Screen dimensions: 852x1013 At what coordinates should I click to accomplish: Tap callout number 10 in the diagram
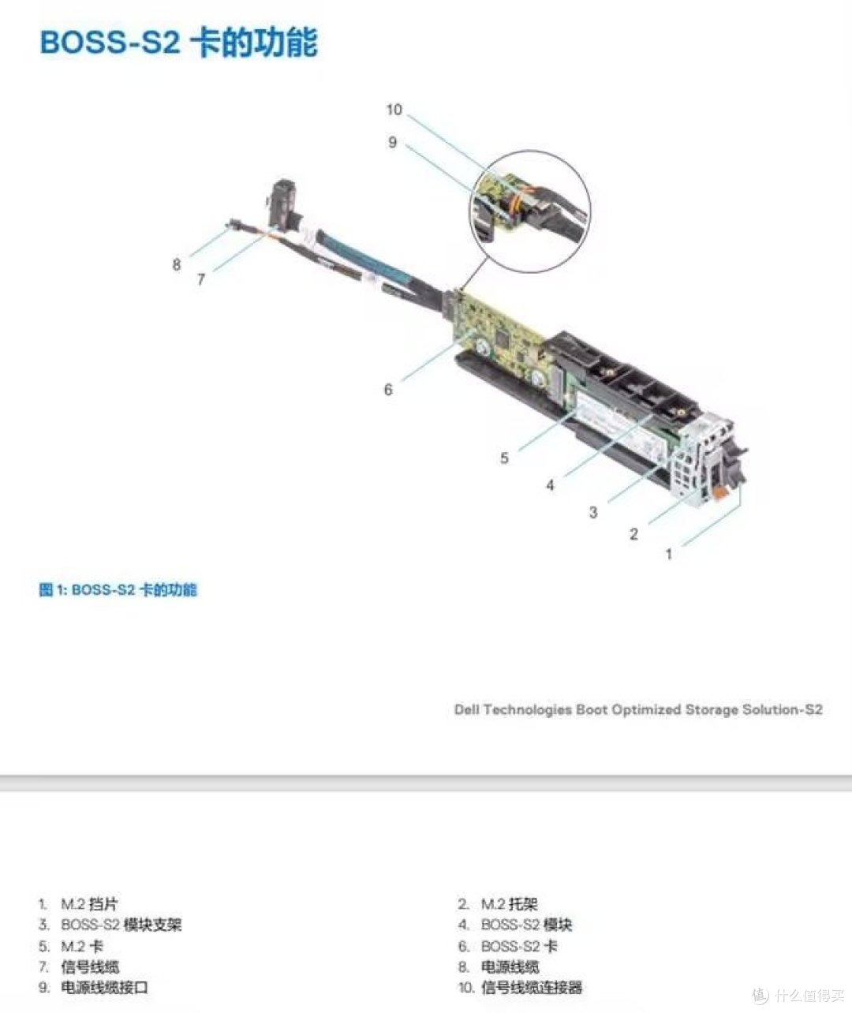coord(394,110)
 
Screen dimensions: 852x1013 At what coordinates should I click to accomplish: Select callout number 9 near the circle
coord(393,142)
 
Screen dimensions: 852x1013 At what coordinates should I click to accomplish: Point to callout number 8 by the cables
coord(177,264)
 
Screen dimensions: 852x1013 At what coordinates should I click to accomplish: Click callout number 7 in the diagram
coord(201,279)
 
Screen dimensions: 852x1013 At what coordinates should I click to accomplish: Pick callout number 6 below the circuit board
coord(388,390)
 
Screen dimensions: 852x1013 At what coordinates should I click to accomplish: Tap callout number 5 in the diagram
coord(505,458)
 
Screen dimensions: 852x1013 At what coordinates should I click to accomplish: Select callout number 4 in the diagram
coord(550,485)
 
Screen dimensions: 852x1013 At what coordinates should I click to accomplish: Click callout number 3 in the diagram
coord(593,512)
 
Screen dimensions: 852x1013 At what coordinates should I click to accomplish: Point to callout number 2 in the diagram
coord(633,534)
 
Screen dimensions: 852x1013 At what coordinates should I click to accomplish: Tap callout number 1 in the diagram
coord(669,554)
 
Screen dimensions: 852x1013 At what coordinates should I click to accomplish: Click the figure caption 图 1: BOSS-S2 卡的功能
coord(118,590)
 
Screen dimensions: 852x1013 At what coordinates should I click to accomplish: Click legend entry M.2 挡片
coord(89,904)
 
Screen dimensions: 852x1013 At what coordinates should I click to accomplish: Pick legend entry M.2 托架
coord(510,904)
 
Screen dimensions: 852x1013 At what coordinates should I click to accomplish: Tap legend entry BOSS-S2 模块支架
coord(121,925)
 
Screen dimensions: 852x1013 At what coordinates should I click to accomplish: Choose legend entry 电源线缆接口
coord(104,987)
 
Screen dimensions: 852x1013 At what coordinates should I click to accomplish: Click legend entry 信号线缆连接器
coord(532,987)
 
